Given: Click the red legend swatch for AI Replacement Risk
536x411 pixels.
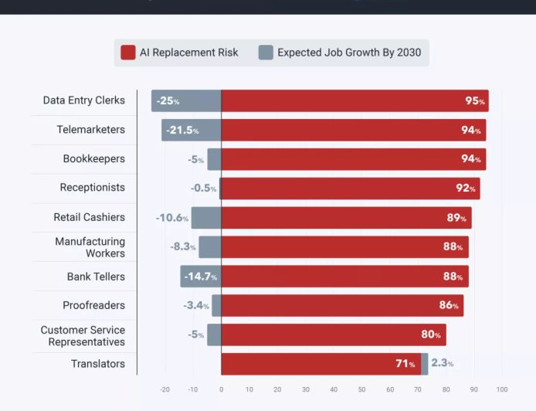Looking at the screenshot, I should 128,53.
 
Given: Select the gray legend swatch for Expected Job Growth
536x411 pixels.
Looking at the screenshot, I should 266,53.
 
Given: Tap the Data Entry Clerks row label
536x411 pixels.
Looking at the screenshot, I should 83,100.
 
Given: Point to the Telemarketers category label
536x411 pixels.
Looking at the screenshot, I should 90,130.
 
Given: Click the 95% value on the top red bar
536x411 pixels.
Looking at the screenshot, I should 474,101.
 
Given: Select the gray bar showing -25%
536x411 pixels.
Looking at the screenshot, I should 186,101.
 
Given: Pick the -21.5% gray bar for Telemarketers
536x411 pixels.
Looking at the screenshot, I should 191,130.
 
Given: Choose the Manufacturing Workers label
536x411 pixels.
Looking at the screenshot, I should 90,247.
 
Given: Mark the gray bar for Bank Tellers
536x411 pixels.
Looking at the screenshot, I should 200,277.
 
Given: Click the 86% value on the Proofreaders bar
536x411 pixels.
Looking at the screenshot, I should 449,305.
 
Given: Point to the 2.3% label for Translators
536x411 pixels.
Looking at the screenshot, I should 442,363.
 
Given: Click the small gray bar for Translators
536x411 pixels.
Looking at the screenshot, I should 425,364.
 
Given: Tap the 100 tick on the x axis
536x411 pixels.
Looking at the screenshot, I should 502,389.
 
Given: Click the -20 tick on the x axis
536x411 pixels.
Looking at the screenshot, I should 165,389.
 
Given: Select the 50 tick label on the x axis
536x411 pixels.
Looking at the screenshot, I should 361,389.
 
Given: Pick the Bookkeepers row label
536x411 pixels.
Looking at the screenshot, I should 93,159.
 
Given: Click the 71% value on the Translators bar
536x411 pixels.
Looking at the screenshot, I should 405,364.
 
